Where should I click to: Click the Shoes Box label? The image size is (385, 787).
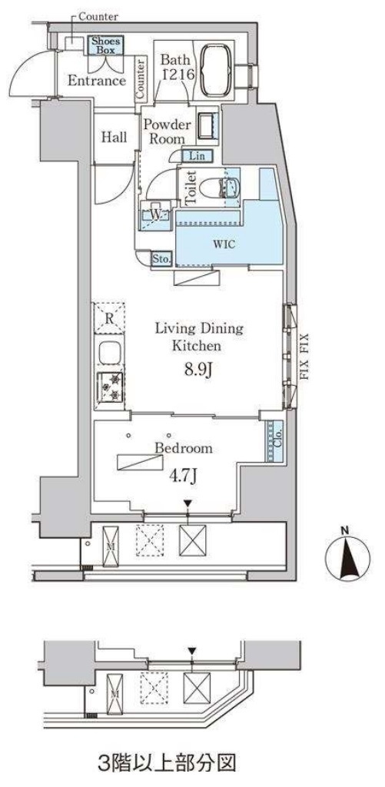tap(105, 45)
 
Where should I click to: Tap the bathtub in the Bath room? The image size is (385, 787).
tap(217, 69)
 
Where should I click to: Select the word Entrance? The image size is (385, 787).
tap(97, 81)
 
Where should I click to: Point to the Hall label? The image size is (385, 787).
tap(114, 137)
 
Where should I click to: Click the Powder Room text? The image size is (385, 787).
tap(164, 131)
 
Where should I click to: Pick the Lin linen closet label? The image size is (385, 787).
tap(197, 156)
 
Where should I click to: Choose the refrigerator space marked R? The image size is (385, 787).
tap(109, 318)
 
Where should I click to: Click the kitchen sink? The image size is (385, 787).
tap(109, 353)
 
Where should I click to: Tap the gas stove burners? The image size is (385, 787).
tap(109, 387)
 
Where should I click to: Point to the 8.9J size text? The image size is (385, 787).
tap(199, 371)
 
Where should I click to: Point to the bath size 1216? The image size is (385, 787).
tap(174, 76)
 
